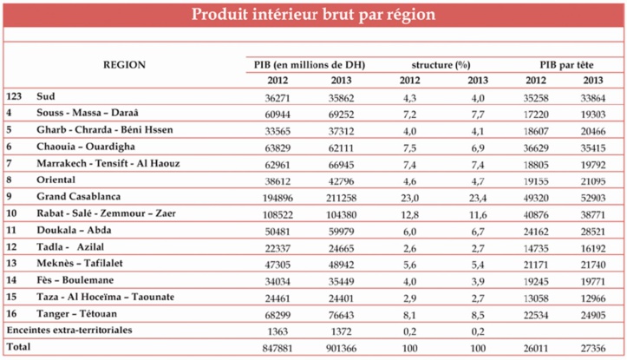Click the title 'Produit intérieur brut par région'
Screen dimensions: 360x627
coord(313,15)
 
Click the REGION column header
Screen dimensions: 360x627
coord(124,65)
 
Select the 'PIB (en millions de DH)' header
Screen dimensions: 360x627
coord(299,65)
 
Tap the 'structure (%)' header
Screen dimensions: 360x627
coord(434,65)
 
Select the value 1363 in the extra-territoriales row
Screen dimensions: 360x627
coord(274,330)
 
